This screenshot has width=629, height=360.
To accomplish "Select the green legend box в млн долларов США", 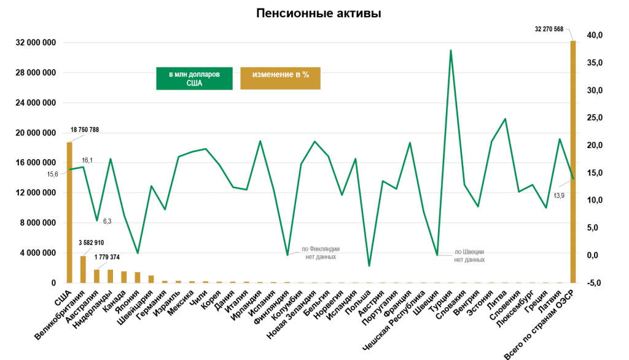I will pos(194,79).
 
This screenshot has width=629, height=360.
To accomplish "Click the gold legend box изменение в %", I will pos(280,78).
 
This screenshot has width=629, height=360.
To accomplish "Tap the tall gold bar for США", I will pos(69,212).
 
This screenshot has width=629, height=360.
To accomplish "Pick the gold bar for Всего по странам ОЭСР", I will pos(573,161).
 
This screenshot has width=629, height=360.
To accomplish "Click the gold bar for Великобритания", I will pos(83,269).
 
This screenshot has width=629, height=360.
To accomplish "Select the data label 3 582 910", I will pos(92,243).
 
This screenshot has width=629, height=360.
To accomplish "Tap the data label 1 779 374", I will pos(112,256).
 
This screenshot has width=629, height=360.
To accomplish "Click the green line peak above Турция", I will pos(451,50).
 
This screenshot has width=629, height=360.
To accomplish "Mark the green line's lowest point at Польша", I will pos(369,266).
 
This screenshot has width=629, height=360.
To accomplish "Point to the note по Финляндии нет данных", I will pos(321,253).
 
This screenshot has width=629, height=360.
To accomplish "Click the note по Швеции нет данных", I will pos(470,256).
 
